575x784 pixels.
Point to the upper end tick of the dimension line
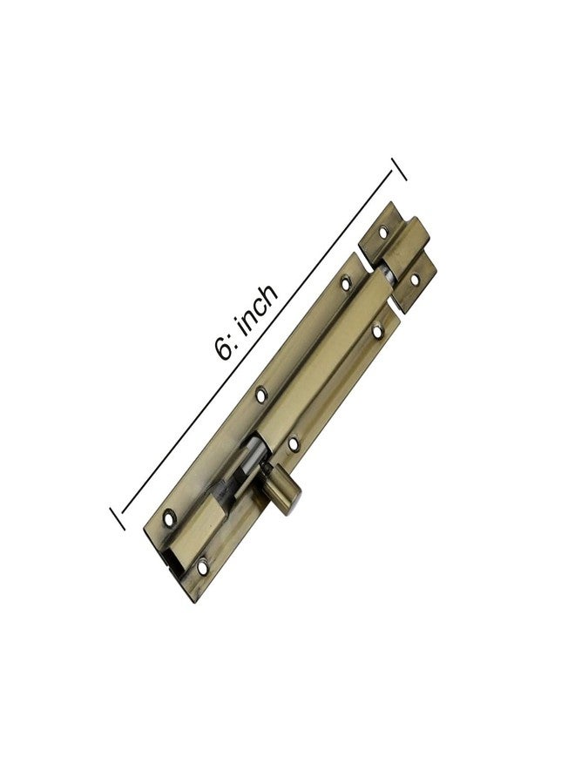pos(399,169)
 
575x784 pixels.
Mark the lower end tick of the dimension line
pos(118,518)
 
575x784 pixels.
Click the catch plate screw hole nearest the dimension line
pos(383,232)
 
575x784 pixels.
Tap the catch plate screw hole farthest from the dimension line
pos(415,279)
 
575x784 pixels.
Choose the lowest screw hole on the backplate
pos(202,567)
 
